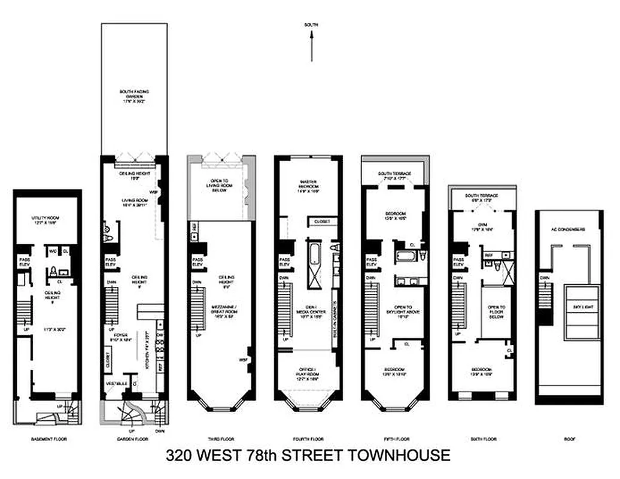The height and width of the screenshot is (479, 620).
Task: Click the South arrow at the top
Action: [x=312, y=46]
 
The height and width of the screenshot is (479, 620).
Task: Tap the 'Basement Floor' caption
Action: [x=48, y=439]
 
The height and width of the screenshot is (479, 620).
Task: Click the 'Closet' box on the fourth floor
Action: [x=323, y=222]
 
